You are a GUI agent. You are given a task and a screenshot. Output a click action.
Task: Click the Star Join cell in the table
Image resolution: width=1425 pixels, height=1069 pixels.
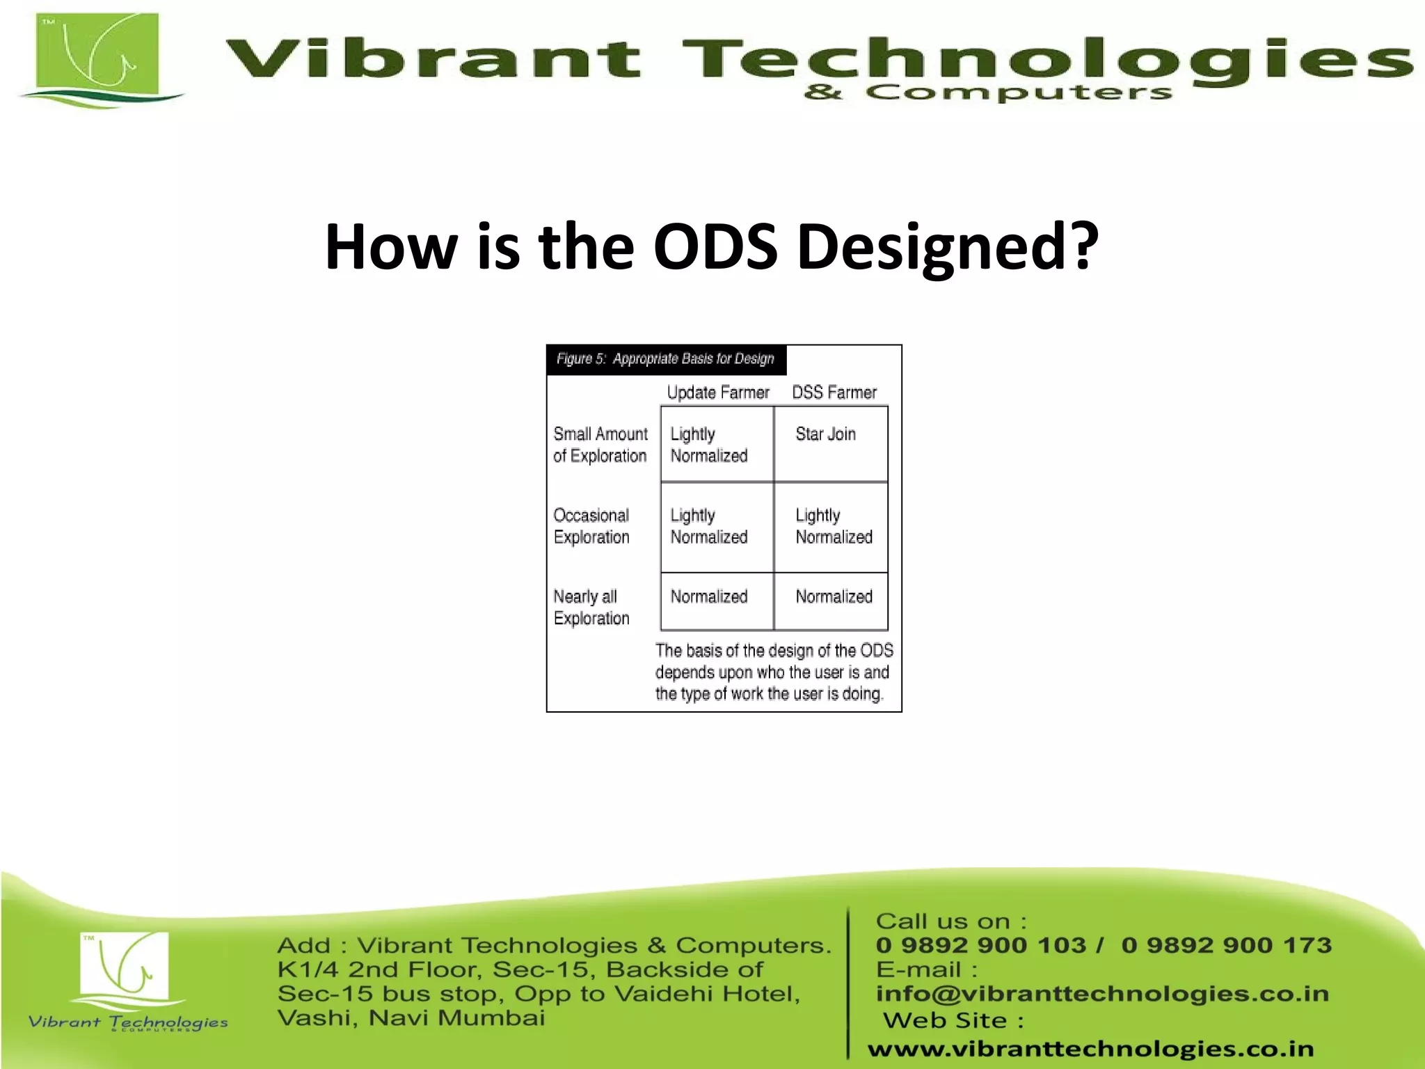click(x=825, y=434)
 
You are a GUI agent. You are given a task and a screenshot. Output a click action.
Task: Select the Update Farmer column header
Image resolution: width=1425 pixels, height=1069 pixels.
click(x=717, y=393)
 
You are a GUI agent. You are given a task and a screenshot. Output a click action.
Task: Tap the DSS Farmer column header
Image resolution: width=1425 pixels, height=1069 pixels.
click(x=834, y=393)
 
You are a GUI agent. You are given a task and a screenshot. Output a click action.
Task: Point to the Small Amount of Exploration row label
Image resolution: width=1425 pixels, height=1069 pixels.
click(x=600, y=445)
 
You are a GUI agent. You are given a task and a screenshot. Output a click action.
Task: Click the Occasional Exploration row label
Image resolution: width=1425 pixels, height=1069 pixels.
click(x=591, y=526)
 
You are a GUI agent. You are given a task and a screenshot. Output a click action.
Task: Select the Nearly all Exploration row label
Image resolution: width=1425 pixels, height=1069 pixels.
click(x=591, y=608)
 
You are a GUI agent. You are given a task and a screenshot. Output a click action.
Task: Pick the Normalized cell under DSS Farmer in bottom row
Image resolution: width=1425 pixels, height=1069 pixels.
click(x=834, y=596)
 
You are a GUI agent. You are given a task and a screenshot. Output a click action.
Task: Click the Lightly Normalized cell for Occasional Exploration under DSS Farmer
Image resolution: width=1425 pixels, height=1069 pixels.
click(x=834, y=526)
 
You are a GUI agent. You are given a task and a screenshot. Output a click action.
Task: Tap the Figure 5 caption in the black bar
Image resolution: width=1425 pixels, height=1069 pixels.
click(x=665, y=359)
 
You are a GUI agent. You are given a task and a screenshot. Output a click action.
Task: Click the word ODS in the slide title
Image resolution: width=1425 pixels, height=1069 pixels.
click(x=715, y=246)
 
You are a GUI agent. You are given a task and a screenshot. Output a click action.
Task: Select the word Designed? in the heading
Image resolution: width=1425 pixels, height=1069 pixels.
click(x=947, y=246)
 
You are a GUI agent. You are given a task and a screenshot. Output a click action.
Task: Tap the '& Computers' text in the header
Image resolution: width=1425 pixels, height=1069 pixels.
click(x=988, y=93)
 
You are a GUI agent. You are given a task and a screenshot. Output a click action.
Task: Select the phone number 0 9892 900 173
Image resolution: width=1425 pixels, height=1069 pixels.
click(x=1226, y=945)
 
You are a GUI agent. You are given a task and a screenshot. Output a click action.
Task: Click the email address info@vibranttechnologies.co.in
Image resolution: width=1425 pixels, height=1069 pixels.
click(x=1102, y=994)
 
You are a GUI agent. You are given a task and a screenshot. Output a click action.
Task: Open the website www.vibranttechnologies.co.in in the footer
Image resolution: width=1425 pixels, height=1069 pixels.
click(x=1090, y=1049)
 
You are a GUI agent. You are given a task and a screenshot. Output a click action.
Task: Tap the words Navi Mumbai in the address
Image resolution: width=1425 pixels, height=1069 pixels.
click(x=456, y=1018)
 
